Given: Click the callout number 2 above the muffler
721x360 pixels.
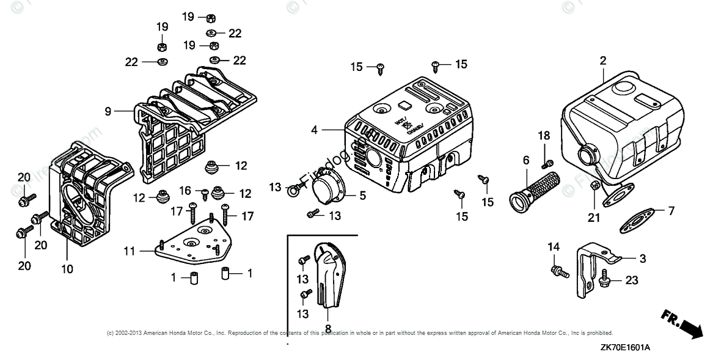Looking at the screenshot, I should click(603, 61).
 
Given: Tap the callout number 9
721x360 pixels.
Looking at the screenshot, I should click(108, 112).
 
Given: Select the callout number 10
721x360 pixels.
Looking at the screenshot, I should click(67, 269).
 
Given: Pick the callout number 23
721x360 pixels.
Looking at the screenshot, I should click(631, 281).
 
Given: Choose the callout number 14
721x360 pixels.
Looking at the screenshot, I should click(554, 248).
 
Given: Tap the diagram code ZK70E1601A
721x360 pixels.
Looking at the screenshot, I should click(624, 347).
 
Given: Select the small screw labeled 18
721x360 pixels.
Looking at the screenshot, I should click(547, 162).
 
